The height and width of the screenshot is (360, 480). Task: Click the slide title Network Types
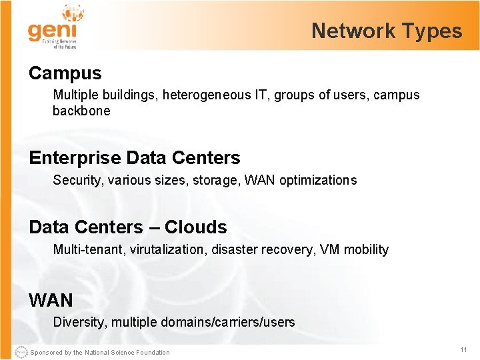pyautogui.click(x=387, y=31)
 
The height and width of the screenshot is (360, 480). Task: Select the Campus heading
pyautogui.click(x=65, y=73)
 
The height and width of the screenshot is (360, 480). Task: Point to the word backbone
pyautogui.click(x=81, y=111)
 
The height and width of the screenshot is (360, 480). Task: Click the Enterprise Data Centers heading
pyautogui.click(x=135, y=158)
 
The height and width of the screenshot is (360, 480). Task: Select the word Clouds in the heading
pyautogui.click(x=196, y=227)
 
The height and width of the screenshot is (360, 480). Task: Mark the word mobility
pyautogui.click(x=367, y=249)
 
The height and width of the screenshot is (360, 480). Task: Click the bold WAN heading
pyautogui.click(x=51, y=300)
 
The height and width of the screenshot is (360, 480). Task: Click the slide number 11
pyautogui.click(x=463, y=350)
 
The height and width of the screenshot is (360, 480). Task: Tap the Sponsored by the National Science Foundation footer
pyautogui.click(x=100, y=353)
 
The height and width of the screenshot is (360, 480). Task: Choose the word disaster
pyautogui.click(x=233, y=249)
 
